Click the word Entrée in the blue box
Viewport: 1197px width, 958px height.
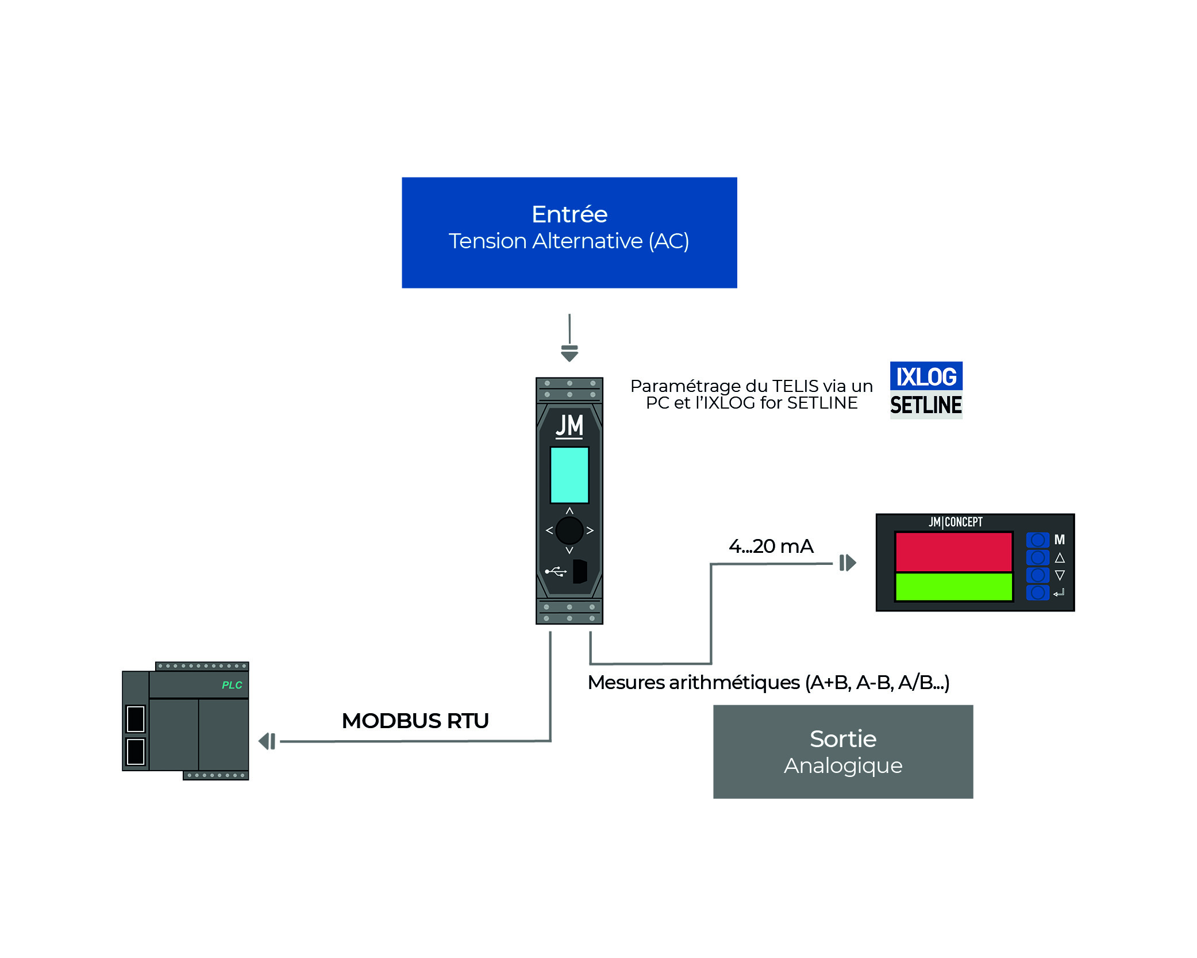tap(569, 214)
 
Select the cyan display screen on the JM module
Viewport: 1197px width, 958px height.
tap(569, 475)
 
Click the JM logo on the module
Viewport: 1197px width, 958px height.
tap(569, 426)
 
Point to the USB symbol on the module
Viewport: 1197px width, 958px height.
tap(556, 571)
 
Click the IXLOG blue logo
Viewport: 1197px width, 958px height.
tap(926, 376)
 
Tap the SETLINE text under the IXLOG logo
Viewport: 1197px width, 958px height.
tap(926, 405)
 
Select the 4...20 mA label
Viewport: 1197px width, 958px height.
tap(771, 546)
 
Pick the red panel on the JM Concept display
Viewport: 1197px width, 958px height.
tap(953, 552)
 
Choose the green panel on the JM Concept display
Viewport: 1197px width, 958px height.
tap(953, 587)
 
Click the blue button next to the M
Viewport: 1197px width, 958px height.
tap(1037, 540)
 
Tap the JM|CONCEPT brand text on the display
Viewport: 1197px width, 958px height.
tap(955, 522)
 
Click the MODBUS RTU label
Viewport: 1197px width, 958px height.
tap(415, 721)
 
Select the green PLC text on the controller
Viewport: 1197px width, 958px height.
tap(232, 685)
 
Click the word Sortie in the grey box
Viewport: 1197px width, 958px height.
tap(842, 739)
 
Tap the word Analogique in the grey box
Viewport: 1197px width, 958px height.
tap(842, 765)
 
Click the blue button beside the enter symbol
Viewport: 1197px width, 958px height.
tap(1037, 593)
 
